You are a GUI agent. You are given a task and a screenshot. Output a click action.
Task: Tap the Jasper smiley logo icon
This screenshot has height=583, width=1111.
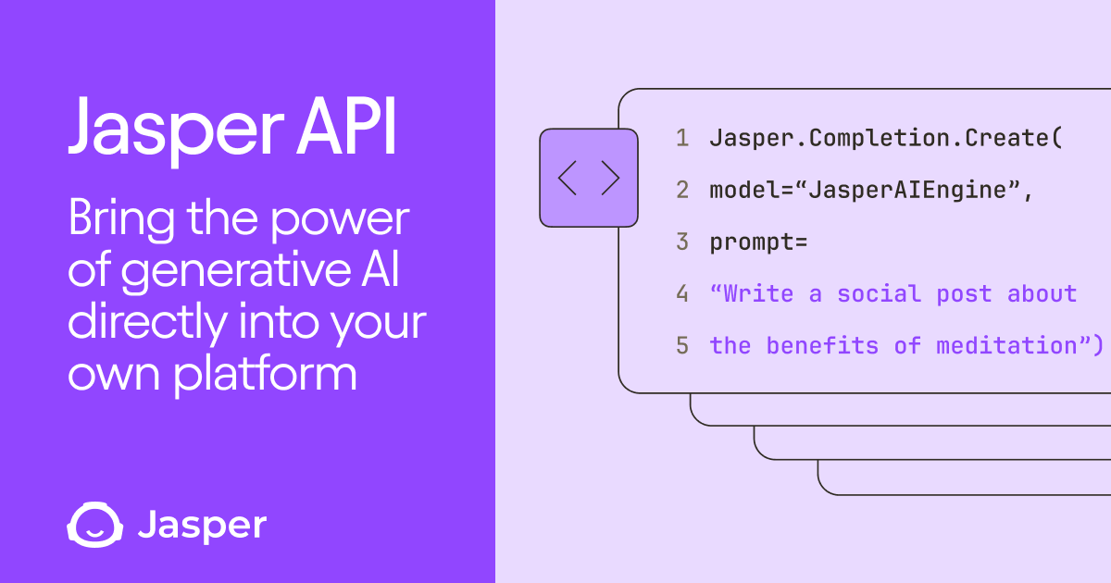[x=93, y=525]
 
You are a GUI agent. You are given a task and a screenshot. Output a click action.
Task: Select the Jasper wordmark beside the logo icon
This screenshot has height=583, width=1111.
[x=202, y=526]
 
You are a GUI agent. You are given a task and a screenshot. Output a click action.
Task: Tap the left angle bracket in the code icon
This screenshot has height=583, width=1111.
[x=568, y=178]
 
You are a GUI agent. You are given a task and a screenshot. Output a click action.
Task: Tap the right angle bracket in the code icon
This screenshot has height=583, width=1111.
[x=610, y=178]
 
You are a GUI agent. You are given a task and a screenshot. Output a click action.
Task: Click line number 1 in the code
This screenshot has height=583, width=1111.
[x=682, y=139]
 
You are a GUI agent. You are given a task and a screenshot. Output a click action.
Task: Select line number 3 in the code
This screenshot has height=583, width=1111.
[x=682, y=242]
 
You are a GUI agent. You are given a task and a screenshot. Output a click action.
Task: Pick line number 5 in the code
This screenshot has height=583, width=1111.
[x=682, y=346]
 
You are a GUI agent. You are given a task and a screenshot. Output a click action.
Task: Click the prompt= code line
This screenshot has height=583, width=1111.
[x=758, y=242]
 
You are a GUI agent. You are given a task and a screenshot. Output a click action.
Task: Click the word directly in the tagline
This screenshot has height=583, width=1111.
[x=146, y=325]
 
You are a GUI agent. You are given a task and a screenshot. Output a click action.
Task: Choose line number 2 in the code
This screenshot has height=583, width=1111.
[x=682, y=191]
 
